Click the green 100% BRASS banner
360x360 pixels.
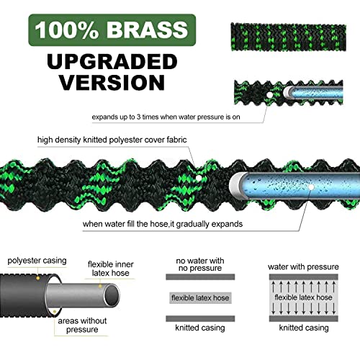(x=112, y=30)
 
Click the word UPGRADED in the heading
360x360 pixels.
(x=112, y=62)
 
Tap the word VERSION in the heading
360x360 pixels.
(x=112, y=82)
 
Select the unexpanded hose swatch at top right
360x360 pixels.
(x=288, y=37)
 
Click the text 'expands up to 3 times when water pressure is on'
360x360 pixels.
(x=166, y=117)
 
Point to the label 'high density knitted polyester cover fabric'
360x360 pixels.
(x=112, y=140)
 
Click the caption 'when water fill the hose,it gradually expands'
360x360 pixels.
(x=163, y=224)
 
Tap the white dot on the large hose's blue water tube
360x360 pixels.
(x=311, y=187)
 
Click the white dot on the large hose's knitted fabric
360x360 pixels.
(x=199, y=178)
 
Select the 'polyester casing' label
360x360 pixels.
(x=37, y=261)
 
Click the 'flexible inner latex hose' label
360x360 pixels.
(x=111, y=269)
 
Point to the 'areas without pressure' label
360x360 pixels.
(x=82, y=325)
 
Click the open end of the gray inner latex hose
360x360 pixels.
(x=112, y=296)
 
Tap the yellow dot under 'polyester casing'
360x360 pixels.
(x=37, y=278)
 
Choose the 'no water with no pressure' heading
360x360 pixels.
(x=200, y=264)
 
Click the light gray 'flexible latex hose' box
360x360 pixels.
(x=200, y=298)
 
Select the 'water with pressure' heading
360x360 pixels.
(x=303, y=266)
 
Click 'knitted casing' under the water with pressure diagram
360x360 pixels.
(x=304, y=328)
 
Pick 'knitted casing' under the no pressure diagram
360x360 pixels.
(x=200, y=328)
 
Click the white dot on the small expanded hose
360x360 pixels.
(x=270, y=95)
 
